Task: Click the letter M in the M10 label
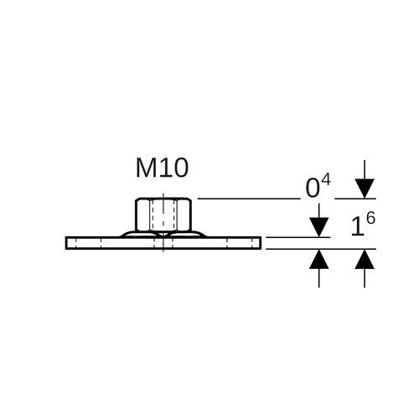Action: click(x=146, y=168)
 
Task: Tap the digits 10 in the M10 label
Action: click(x=173, y=168)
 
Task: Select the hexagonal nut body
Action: click(x=163, y=215)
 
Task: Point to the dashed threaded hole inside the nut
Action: click(x=163, y=215)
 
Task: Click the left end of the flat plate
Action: click(x=66, y=243)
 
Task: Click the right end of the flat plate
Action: click(x=261, y=243)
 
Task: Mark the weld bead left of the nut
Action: click(x=140, y=234)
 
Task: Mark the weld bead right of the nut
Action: click(x=187, y=234)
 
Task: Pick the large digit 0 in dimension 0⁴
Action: click(x=313, y=189)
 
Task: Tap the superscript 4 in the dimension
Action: click(x=326, y=179)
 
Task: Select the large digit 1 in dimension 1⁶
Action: click(x=357, y=226)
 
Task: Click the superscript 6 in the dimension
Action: click(x=370, y=218)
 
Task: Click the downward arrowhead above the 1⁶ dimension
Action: click(x=365, y=189)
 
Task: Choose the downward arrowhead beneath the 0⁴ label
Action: click(x=319, y=227)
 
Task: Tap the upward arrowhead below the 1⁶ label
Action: click(x=365, y=259)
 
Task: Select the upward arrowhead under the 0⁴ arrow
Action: click(x=319, y=259)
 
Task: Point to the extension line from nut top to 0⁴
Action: click(x=249, y=199)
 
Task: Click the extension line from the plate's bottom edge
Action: click(x=321, y=249)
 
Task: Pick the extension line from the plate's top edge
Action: click(x=298, y=237)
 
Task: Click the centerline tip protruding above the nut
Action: click(x=163, y=195)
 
